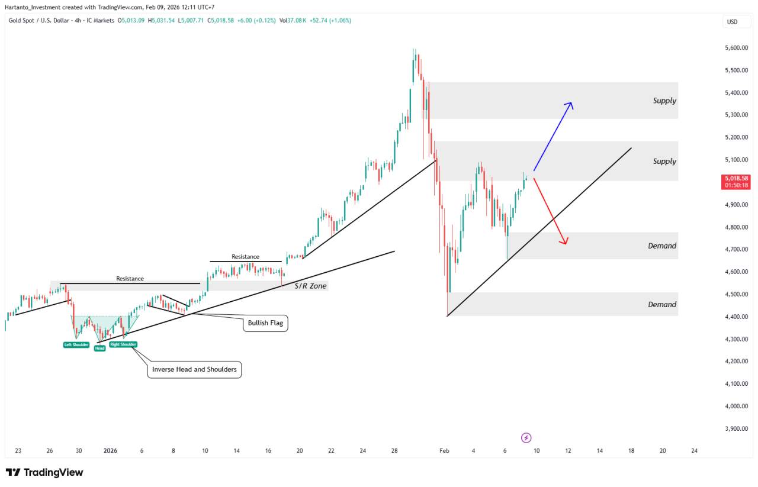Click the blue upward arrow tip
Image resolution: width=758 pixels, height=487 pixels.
pyautogui.click(x=571, y=103)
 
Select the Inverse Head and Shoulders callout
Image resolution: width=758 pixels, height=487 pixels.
pyautogui.click(x=194, y=369)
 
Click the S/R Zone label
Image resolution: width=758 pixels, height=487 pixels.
pyautogui.click(x=310, y=286)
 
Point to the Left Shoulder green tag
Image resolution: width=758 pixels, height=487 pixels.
pyautogui.click(x=76, y=344)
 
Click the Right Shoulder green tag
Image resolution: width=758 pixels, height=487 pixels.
pyautogui.click(x=123, y=344)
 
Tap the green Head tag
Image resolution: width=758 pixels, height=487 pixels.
pyautogui.click(x=99, y=349)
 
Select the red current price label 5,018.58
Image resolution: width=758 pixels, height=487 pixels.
pyautogui.click(x=736, y=181)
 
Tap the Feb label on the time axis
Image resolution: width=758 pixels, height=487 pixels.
pyautogui.click(x=444, y=451)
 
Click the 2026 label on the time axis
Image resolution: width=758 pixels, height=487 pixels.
pyautogui.click(x=111, y=451)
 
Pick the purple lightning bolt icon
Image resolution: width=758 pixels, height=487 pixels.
pyautogui.click(x=526, y=438)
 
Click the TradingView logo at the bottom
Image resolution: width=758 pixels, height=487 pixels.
pyautogui.click(x=44, y=472)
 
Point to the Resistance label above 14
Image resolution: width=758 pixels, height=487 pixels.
pyautogui.click(x=245, y=257)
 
